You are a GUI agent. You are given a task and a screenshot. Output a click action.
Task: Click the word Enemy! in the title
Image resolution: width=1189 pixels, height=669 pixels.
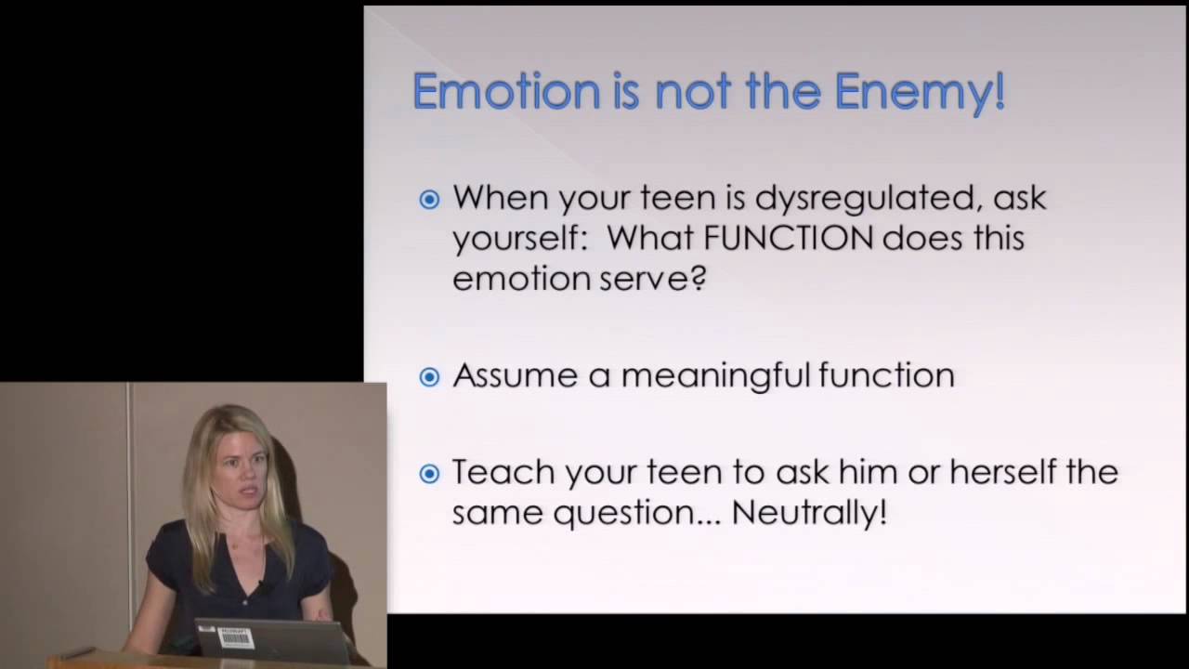pos(920,91)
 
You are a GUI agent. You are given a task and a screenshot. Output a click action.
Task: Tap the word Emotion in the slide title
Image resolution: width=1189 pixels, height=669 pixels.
pos(506,91)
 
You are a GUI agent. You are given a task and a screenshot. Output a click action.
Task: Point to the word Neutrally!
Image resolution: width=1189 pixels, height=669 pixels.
pos(809,512)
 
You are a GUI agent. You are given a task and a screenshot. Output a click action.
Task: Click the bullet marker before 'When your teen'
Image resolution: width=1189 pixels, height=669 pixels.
pos(429,200)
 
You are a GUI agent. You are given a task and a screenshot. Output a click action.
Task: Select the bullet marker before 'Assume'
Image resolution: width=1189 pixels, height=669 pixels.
pos(429,377)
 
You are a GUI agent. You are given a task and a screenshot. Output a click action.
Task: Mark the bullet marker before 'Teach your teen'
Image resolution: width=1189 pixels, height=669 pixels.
pos(429,474)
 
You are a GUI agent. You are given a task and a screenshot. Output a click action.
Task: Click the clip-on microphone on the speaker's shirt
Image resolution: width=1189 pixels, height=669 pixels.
pos(262,586)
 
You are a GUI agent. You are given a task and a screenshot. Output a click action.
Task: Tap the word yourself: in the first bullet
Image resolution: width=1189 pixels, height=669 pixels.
pos(520,240)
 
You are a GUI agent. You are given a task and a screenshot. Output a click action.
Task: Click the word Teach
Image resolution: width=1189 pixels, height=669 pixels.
pos(503,471)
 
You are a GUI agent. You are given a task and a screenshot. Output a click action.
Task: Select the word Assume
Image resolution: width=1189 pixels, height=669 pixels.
pos(515,375)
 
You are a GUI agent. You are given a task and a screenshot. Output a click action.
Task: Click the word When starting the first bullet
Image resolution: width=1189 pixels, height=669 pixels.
pos(501,197)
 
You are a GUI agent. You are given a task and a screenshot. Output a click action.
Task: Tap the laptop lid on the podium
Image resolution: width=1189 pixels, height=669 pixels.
pos(272,641)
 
